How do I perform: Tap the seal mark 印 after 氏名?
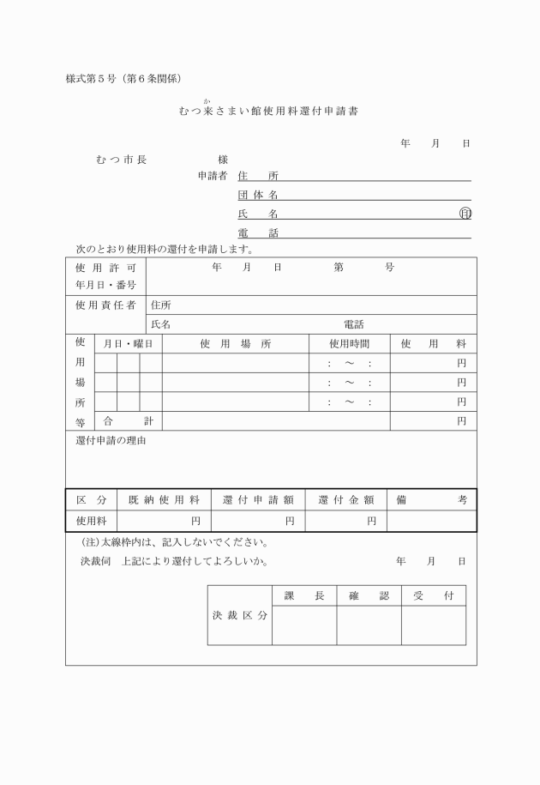(465, 214)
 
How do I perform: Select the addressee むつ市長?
(122, 160)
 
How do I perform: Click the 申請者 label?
(212, 176)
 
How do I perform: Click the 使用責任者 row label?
(105, 305)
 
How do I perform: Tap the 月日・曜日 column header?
(128, 344)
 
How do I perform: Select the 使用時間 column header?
(349, 344)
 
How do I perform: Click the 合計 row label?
(128, 421)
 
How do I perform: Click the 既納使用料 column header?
(163, 499)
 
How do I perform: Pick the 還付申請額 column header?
(257, 499)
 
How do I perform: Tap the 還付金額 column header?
(345, 499)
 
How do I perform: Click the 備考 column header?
(431, 499)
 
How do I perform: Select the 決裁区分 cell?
(239, 616)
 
